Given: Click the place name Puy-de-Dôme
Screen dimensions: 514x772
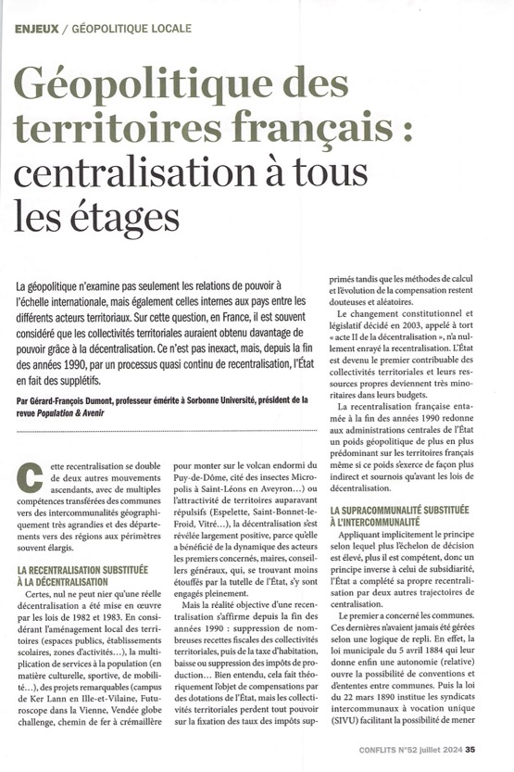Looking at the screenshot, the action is (203, 483).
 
